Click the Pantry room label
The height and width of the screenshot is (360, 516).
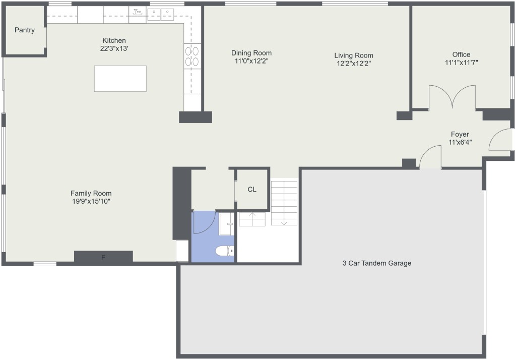[25, 30]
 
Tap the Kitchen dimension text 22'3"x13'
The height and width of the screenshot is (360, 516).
[114, 48]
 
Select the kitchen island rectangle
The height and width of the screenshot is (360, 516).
[120, 78]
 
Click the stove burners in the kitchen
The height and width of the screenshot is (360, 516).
[192, 56]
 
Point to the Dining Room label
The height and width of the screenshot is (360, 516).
[251, 53]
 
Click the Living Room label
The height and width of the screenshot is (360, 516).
[354, 55]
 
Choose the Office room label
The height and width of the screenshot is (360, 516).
[461, 54]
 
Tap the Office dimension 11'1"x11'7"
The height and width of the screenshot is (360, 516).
[462, 62]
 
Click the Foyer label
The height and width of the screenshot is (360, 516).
[460, 134]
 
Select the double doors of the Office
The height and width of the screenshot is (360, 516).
[452, 96]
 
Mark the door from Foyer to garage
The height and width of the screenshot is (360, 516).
[430, 157]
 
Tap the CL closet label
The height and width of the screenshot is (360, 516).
[252, 190]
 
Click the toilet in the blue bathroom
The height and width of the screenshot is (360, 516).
[224, 251]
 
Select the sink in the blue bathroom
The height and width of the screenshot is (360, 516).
[227, 224]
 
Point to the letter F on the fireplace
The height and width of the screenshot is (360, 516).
[103, 258]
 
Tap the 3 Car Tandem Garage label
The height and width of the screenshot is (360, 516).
[377, 263]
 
